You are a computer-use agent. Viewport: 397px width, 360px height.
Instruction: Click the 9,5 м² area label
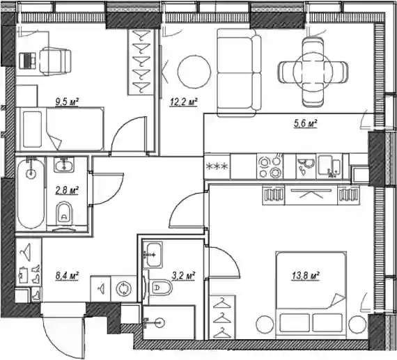click(x=67, y=102)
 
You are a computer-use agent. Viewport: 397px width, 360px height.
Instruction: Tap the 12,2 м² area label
click(x=184, y=102)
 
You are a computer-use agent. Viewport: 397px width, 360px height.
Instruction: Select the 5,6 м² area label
click(x=305, y=123)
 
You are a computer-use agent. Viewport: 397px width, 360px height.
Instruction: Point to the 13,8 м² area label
click(x=306, y=276)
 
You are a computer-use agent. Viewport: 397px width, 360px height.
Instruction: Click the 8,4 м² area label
click(x=67, y=276)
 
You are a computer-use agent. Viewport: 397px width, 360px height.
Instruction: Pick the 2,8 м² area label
click(x=67, y=190)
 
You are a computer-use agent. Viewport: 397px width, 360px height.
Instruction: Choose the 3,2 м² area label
click(x=183, y=276)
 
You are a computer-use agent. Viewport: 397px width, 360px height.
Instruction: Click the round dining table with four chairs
click(x=313, y=72)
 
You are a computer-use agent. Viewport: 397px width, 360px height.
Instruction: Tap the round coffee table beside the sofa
click(x=194, y=72)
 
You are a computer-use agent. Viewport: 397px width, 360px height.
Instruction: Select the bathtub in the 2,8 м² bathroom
click(x=31, y=194)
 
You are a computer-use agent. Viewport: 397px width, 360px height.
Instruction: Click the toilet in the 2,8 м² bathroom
click(x=64, y=213)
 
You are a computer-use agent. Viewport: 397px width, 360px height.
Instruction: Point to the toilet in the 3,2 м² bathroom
click(x=160, y=288)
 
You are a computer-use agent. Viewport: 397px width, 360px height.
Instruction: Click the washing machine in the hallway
click(x=124, y=289)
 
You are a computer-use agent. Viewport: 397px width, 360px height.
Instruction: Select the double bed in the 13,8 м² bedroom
click(x=311, y=295)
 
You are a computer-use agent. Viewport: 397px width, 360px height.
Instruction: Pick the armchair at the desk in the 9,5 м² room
click(x=55, y=61)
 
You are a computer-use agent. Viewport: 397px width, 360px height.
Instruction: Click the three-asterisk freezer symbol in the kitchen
click(x=217, y=166)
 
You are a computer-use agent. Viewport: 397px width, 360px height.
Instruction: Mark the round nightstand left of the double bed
click(x=265, y=324)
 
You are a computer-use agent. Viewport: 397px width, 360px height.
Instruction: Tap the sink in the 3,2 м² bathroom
click(x=153, y=256)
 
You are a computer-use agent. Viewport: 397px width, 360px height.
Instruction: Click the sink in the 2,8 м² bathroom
click(x=64, y=164)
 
